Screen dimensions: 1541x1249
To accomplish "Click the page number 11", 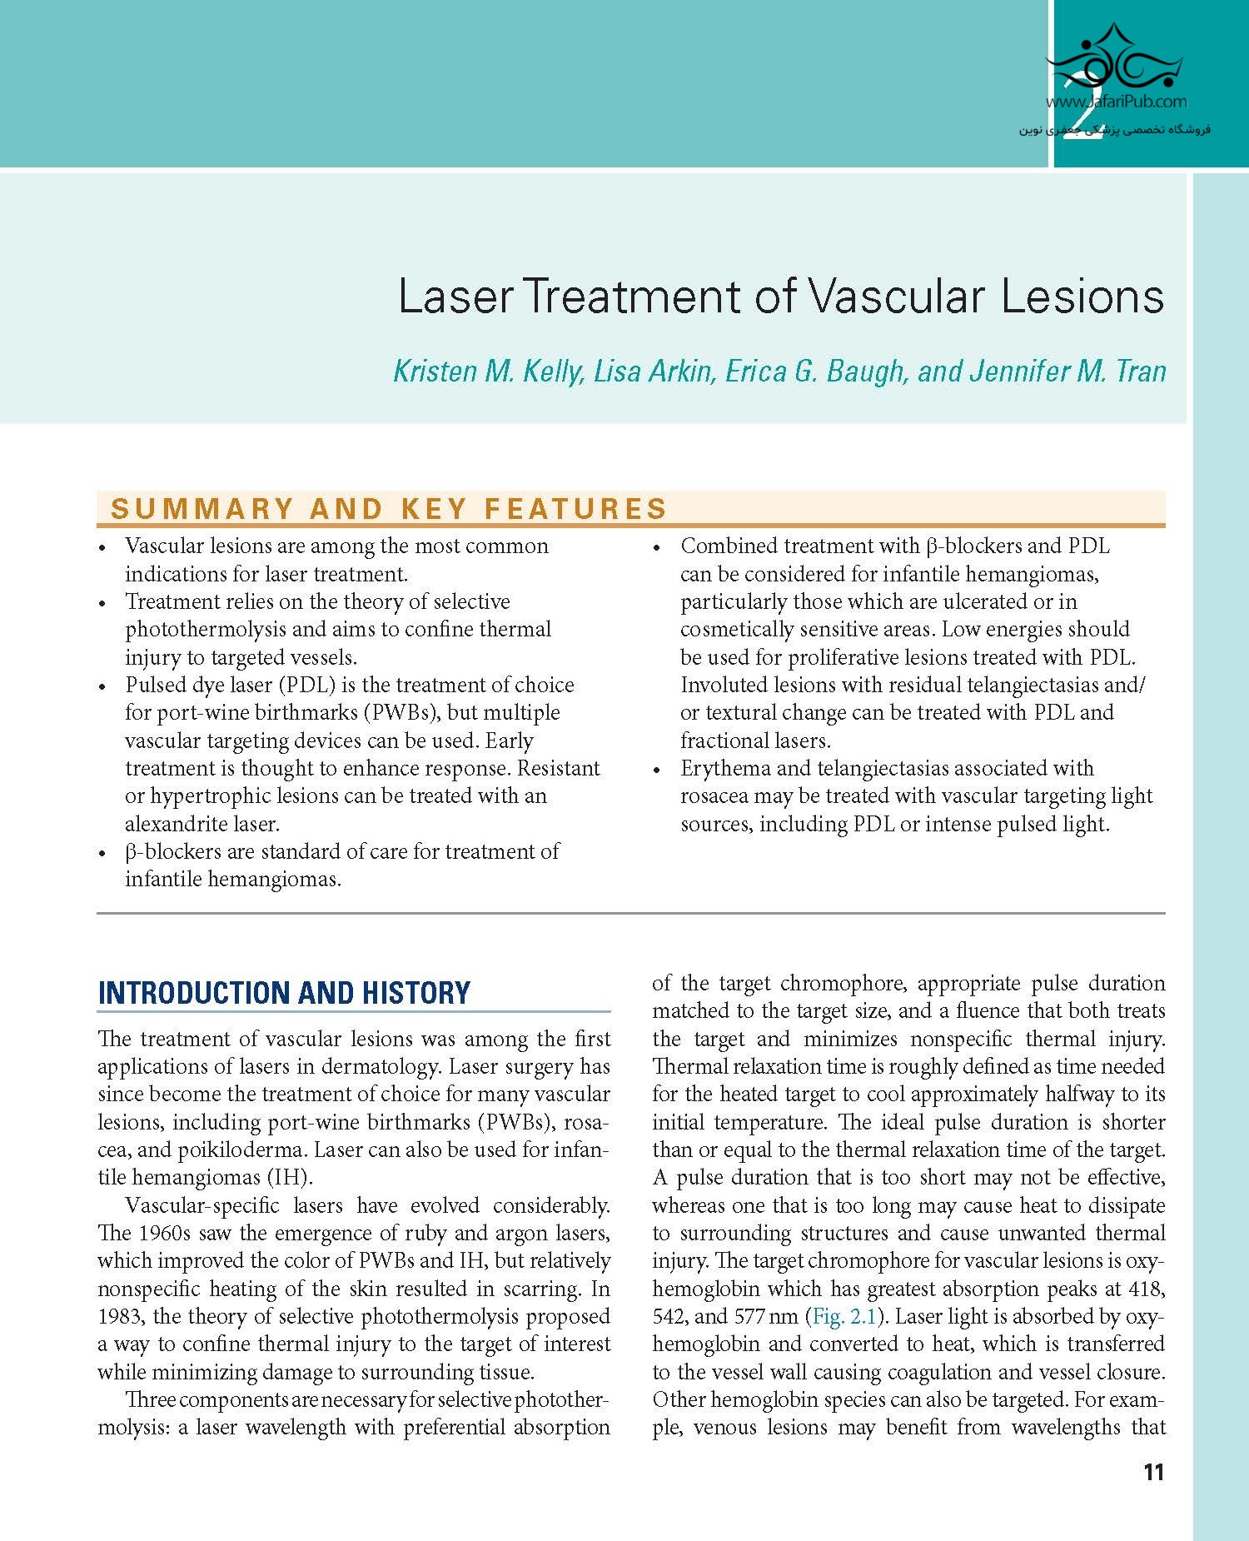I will (x=1153, y=1472).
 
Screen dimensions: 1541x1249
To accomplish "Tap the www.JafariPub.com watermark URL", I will (x=1116, y=102).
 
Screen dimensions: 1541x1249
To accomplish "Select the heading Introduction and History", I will (x=284, y=992).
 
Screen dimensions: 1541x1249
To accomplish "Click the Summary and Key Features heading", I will (x=389, y=508).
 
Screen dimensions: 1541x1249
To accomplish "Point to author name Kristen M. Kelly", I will (x=488, y=372).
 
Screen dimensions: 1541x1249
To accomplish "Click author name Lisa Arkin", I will (x=654, y=372).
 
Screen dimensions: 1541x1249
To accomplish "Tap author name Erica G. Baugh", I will (x=815, y=372).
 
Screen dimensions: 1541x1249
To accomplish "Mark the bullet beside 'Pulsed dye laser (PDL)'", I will (x=102, y=687).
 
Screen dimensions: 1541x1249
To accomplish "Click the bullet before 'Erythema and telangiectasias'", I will (x=658, y=770).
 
